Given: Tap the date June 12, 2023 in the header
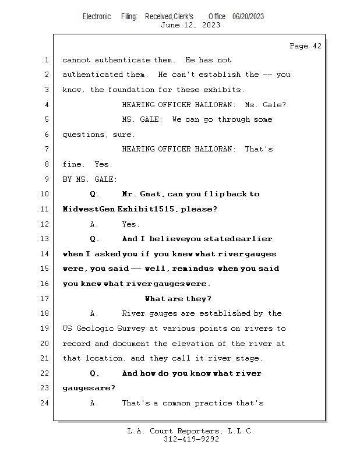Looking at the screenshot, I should tap(190, 24).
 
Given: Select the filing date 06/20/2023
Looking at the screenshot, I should tap(248, 16).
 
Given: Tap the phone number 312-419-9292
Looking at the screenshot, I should tap(190, 440).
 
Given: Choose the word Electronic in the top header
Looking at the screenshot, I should tap(97, 16).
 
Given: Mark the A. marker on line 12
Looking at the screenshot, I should tap(94, 224).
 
